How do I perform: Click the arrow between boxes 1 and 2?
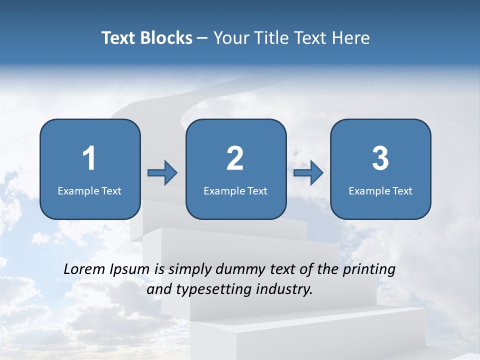(x=162, y=173)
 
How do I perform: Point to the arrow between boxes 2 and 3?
(x=308, y=173)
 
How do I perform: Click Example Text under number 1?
(x=89, y=190)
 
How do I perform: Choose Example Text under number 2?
(x=235, y=190)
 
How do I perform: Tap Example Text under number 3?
(x=380, y=190)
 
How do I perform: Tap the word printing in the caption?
(x=369, y=270)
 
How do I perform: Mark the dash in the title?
(x=203, y=38)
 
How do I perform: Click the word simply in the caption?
(x=190, y=270)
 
